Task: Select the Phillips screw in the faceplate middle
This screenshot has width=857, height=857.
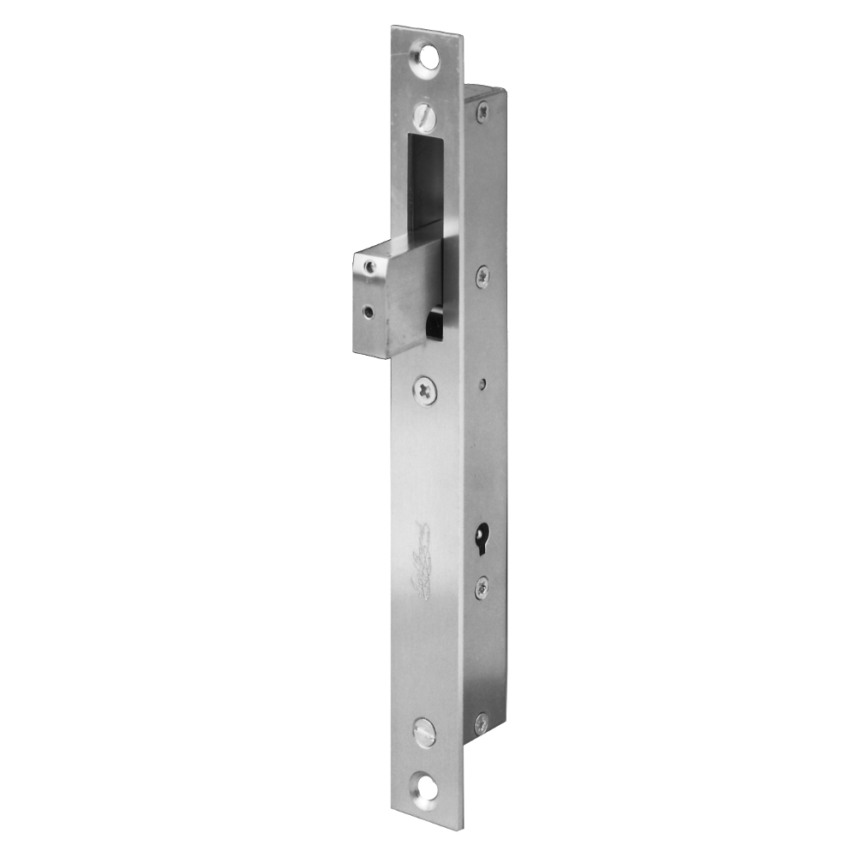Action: pos(425,390)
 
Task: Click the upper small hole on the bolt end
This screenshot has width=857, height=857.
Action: pos(369,268)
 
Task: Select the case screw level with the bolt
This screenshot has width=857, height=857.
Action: pos(482,274)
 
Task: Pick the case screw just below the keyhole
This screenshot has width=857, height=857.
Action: pos(482,585)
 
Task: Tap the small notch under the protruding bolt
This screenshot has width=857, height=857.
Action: pos(434,323)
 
